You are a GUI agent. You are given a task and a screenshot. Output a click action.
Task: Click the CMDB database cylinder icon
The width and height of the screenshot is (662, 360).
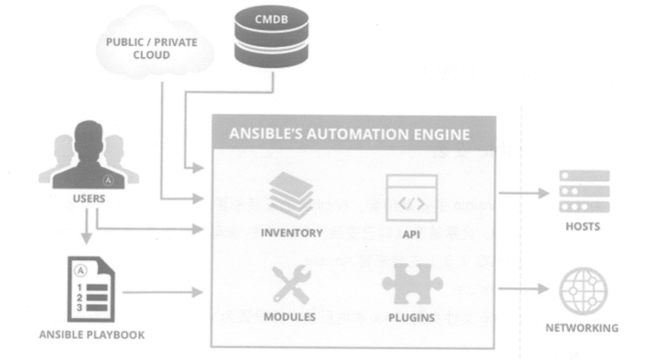click(271, 40)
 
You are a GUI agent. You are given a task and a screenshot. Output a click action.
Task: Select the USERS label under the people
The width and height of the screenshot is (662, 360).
click(89, 198)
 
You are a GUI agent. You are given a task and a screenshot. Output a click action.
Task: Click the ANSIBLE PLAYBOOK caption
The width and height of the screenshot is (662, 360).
click(92, 335)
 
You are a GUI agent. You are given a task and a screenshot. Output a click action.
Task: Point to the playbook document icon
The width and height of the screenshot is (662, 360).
click(90, 290)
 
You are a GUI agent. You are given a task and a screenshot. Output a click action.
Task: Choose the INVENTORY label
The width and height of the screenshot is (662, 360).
click(292, 233)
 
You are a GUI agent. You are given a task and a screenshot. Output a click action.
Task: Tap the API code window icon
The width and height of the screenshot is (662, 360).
click(411, 198)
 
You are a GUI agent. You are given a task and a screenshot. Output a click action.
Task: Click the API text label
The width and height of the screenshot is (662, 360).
click(411, 234)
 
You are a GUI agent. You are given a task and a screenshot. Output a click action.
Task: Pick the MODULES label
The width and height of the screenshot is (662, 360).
click(290, 317)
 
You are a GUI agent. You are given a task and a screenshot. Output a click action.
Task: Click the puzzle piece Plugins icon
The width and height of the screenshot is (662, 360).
click(412, 284)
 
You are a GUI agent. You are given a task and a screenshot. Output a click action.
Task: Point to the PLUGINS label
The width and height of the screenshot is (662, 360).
click(411, 318)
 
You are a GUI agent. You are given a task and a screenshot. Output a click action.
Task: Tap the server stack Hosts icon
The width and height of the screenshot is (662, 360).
click(584, 192)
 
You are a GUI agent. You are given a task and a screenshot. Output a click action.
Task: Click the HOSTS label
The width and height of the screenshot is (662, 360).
click(583, 227)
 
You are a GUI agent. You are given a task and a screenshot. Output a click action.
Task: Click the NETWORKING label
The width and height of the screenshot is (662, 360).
click(582, 328)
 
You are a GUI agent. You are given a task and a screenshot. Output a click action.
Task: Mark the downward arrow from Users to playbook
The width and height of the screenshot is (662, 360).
click(86, 227)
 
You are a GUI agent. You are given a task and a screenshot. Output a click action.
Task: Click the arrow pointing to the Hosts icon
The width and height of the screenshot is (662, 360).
click(523, 193)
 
